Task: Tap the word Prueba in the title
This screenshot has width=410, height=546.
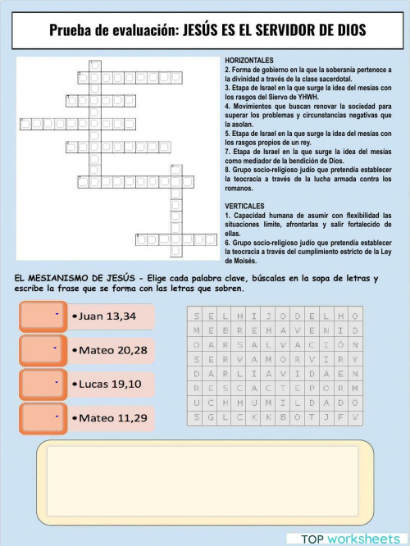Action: coord(70,31)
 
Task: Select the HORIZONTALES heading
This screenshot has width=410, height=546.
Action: coord(249,61)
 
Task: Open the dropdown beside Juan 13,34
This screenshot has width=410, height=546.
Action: coord(40,316)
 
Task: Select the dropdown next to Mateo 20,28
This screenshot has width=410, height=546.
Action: coord(40,350)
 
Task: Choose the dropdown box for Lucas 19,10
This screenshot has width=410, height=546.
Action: coord(40,384)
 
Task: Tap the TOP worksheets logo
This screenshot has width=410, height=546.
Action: coord(350,538)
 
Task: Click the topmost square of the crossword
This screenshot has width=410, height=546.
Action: coord(95,64)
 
